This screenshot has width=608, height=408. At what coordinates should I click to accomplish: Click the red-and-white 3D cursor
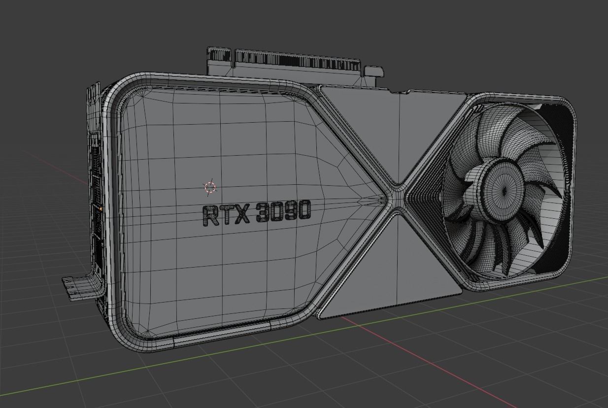(x=210, y=187)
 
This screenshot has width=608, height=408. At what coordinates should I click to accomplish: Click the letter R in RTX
(x=211, y=215)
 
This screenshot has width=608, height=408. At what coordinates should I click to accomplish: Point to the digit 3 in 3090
(x=263, y=213)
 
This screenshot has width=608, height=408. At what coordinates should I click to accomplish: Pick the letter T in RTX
(x=226, y=215)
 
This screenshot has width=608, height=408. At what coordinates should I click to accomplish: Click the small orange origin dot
(x=101, y=209)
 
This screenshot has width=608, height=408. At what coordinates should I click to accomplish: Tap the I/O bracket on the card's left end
(x=95, y=187)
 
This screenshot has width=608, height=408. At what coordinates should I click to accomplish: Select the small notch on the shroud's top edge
(x=399, y=92)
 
